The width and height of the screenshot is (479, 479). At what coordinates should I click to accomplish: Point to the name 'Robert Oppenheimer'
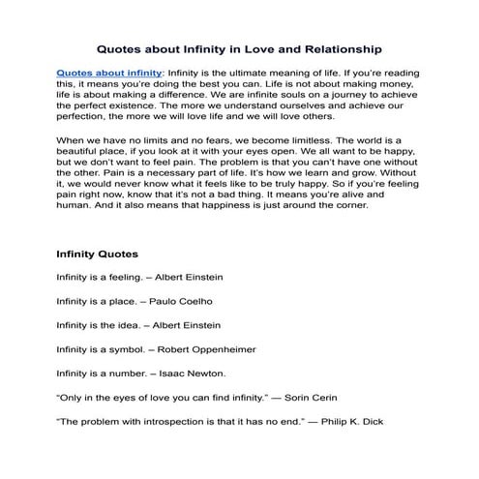pos(213,348)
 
